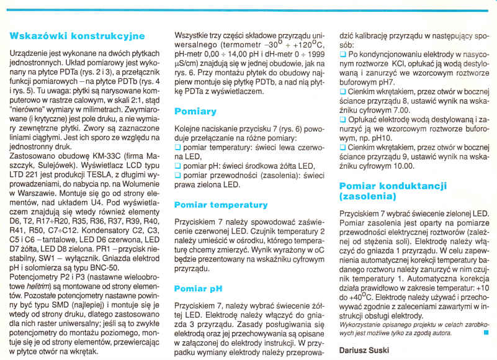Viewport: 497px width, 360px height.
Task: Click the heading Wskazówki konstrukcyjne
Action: (x=78, y=36)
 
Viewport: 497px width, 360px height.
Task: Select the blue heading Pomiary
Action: (x=195, y=112)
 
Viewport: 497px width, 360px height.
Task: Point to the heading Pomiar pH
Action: (x=199, y=289)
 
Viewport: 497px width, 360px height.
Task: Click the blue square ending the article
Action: (x=485, y=332)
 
